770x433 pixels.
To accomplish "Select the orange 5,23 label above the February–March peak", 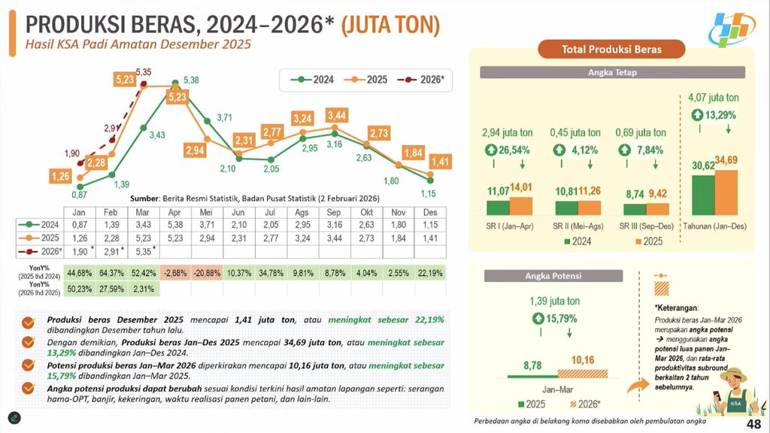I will coord(125,79).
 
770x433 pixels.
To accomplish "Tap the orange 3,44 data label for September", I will coord(338,115).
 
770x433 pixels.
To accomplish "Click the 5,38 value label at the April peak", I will coord(190,80).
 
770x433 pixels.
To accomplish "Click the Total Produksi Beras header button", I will coord(612,50).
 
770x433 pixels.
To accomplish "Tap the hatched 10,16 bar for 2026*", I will coord(582,372).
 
